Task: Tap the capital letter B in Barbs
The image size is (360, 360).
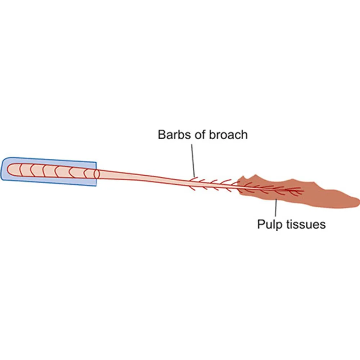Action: tap(162, 135)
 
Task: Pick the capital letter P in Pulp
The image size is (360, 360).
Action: tap(261, 224)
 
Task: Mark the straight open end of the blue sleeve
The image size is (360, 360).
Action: tap(96, 174)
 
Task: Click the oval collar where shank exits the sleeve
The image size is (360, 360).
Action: tap(96, 174)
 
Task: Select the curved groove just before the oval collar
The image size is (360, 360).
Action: tap(86, 173)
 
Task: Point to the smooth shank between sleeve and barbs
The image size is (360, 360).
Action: tap(144, 178)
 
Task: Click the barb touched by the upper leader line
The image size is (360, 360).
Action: tap(194, 177)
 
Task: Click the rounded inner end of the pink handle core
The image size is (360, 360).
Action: tap(9, 169)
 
